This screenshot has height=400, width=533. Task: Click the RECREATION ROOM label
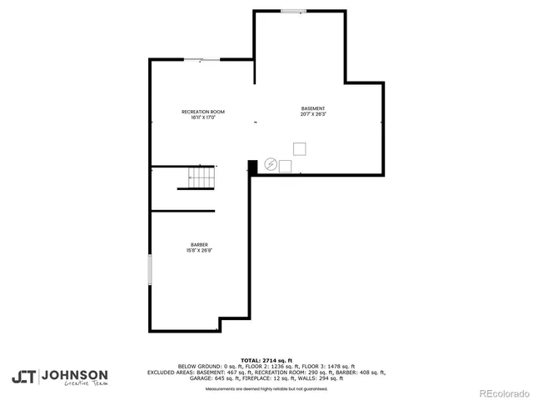point(203,112)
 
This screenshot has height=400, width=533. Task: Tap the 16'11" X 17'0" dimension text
point(203,117)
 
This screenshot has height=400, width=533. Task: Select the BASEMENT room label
point(313,108)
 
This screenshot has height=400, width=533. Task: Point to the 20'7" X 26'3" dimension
point(313,114)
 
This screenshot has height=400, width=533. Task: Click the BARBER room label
point(199,245)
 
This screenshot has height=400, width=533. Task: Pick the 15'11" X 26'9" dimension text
point(199,251)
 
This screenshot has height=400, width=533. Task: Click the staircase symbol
point(201,177)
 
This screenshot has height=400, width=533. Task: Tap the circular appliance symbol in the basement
point(270,165)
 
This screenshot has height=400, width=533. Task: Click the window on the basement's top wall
point(292,11)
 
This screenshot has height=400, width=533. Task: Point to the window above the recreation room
point(202,59)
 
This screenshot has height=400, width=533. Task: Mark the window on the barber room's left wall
point(150,272)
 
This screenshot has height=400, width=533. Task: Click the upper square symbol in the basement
point(299,148)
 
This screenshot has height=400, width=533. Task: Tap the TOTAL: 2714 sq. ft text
point(266,360)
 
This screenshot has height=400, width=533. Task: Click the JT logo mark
point(23,377)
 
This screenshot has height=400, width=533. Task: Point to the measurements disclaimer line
point(266,388)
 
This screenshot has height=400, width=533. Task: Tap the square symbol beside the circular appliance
point(285,165)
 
